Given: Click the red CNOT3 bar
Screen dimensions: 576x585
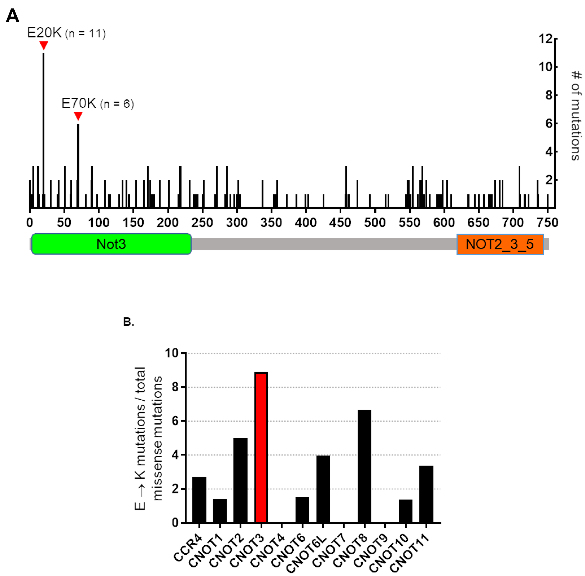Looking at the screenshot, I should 261,448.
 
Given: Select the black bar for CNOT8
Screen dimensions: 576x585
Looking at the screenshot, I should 364,466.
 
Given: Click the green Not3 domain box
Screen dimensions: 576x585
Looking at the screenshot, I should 111,244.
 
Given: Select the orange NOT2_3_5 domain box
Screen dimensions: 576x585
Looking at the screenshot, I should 500,244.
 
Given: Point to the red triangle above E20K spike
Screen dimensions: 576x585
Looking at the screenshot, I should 44,45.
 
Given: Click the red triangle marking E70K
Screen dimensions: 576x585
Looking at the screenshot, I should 78,115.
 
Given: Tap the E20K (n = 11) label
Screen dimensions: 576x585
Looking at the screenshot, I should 66,33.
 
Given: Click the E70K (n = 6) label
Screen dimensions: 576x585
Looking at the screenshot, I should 97,104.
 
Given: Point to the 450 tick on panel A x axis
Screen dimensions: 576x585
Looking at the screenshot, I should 340,223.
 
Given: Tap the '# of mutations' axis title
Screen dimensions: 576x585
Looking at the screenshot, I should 575,115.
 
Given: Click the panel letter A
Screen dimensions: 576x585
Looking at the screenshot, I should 12,16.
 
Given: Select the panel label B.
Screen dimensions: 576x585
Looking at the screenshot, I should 128,322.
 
